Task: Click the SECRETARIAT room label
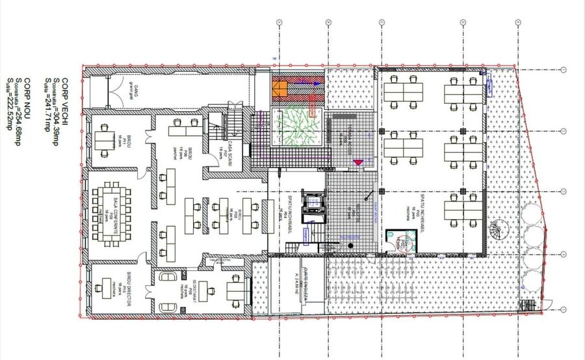coord(193,290)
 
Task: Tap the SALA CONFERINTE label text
coord(116,206)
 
